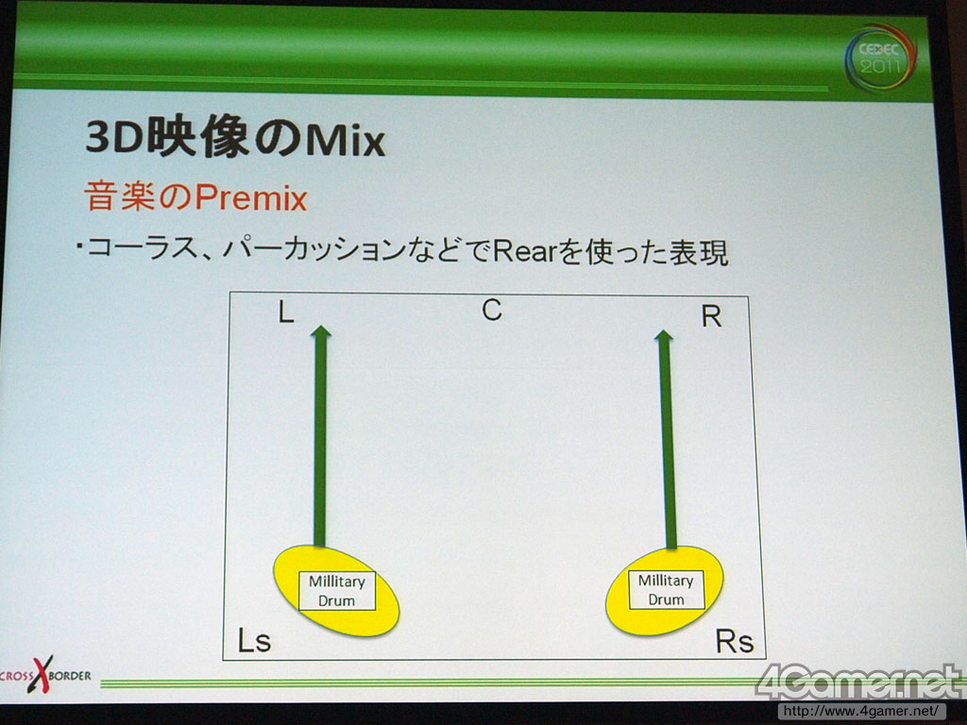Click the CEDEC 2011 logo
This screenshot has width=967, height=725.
click(881, 58)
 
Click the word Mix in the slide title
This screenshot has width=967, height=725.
click(346, 140)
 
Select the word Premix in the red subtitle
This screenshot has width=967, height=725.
click(251, 198)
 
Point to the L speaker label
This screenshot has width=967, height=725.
click(285, 312)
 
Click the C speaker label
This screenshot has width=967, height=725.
click(491, 309)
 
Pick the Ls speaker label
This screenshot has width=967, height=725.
click(254, 641)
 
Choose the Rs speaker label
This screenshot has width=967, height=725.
click(735, 641)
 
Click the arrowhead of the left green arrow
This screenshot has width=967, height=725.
click(321, 331)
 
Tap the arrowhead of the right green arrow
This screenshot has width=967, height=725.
click(664, 336)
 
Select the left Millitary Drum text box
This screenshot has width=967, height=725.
click(337, 591)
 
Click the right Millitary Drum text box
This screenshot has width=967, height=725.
click(666, 589)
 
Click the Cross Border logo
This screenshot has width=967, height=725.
click(45, 674)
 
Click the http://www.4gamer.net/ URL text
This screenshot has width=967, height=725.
click(861, 711)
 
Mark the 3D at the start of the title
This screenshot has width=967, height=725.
click(114, 136)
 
